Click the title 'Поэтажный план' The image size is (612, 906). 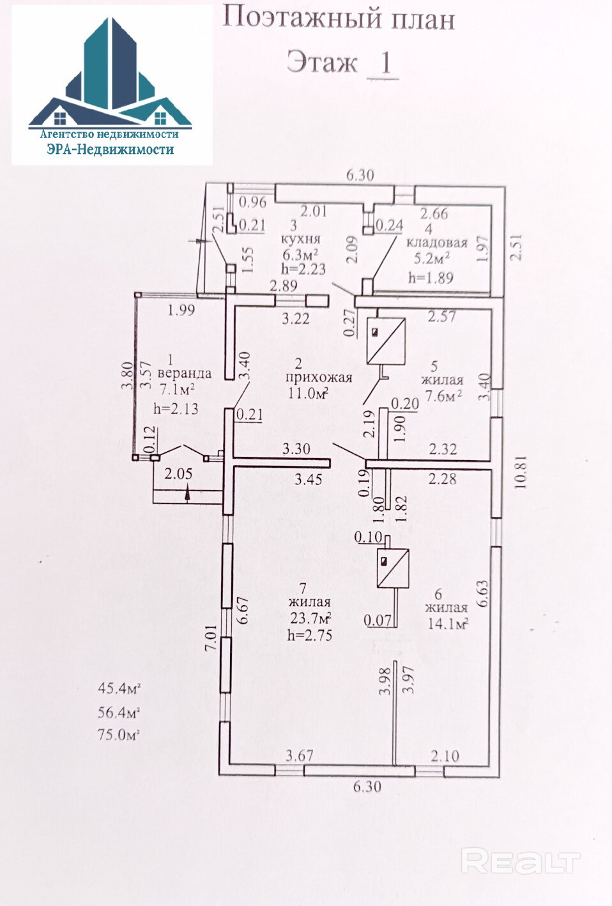click(338, 18)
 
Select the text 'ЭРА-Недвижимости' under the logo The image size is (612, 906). click(110, 150)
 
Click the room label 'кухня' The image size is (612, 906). click(300, 239)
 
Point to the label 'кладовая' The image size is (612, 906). click(437, 243)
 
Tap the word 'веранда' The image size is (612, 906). click(184, 373)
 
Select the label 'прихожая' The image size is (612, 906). click(318, 377)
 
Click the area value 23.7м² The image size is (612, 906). click(310, 618)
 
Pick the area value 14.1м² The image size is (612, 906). click(447, 623)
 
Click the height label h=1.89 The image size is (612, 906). click(431, 278)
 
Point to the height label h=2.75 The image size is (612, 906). click(310, 635)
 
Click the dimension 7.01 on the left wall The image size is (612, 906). click(211, 638)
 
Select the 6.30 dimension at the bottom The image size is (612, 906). click(367, 787)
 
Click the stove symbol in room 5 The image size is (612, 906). click(386, 341)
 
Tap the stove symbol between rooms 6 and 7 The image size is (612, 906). click(393, 568)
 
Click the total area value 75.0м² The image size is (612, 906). click(119, 735)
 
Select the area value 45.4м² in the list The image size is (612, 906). click(119, 689)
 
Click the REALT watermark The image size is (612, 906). click(520, 862)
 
